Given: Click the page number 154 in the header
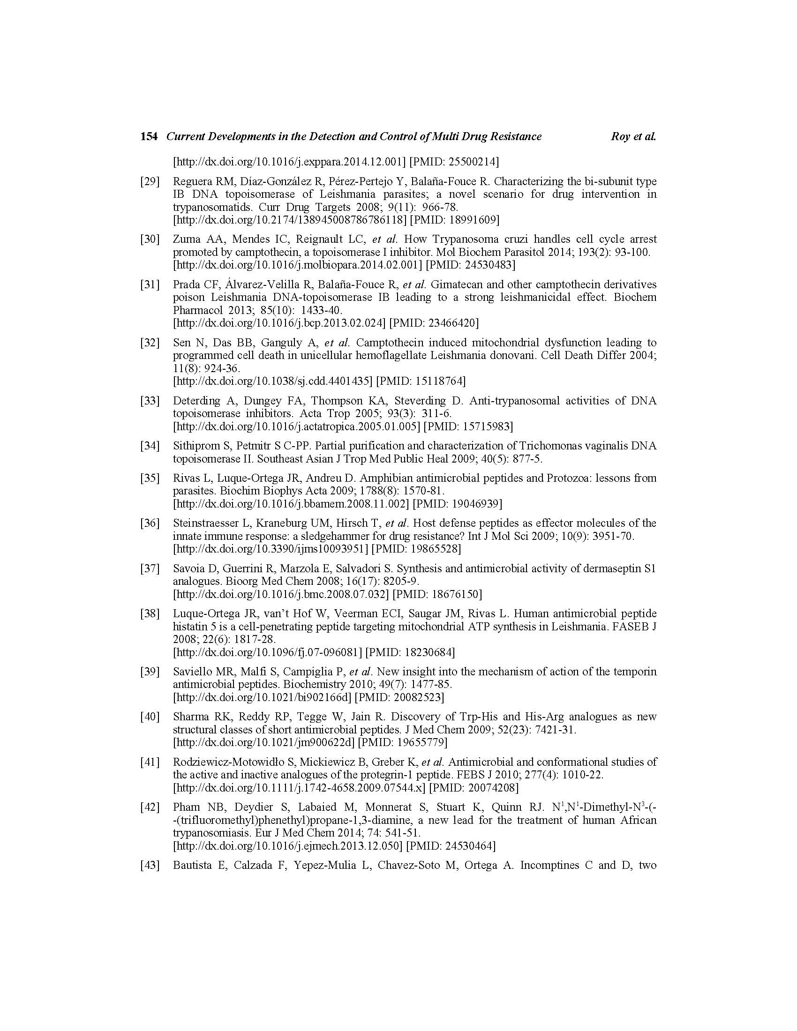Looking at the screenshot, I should pos(149,136).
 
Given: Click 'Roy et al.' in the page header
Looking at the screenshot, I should pos(633,136).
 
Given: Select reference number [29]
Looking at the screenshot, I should pos(150,181).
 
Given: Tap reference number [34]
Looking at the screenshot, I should pos(150,446).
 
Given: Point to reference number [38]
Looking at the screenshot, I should pos(150,614).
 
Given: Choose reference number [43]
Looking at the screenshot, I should pos(150,865).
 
